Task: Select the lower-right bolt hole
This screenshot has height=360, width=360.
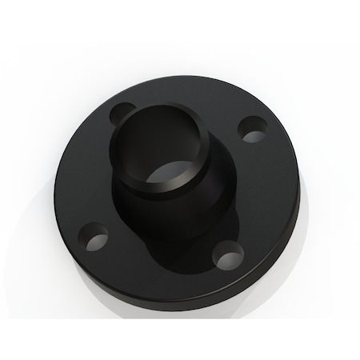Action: (x=231, y=256)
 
